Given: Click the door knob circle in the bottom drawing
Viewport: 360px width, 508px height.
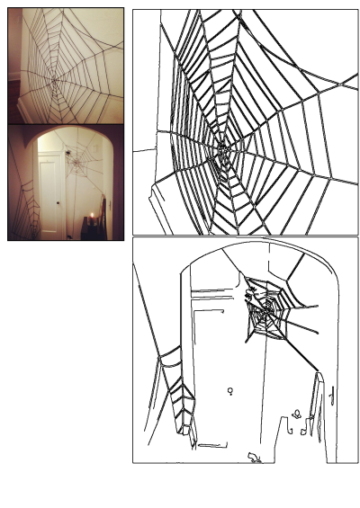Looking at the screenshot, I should (230, 391).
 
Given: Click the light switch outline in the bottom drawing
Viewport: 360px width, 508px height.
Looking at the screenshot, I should (332, 392).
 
